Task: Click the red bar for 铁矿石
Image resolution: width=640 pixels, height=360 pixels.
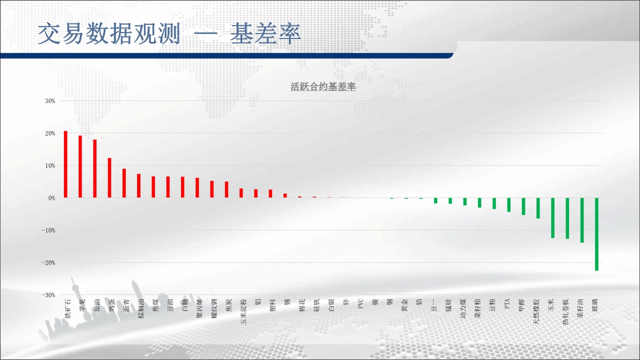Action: [x=65, y=164]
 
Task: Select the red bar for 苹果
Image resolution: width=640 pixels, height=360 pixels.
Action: [x=80, y=166]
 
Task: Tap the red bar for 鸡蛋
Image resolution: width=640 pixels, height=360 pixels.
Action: [x=109, y=177]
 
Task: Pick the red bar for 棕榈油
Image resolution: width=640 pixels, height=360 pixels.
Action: [x=138, y=185]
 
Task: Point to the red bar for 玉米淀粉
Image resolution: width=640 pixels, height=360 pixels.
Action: [x=241, y=193]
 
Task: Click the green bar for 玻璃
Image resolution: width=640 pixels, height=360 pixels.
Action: [x=596, y=234]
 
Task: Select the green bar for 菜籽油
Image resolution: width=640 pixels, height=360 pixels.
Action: [x=582, y=220]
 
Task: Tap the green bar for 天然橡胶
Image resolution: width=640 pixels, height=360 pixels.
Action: [x=538, y=208]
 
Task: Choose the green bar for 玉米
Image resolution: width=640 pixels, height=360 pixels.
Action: [x=552, y=218]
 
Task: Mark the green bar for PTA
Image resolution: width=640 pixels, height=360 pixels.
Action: [x=509, y=205]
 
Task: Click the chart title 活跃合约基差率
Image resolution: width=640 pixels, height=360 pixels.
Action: [x=323, y=86]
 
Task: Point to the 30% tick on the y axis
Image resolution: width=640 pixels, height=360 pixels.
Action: [x=50, y=101]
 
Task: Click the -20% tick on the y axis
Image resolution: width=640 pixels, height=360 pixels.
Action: [x=48, y=262]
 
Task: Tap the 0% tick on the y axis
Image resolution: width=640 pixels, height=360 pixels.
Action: [x=51, y=198]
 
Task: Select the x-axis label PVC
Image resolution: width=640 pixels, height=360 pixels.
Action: [x=360, y=303]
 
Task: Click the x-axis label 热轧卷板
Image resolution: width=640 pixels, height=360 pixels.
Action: [x=565, y=311]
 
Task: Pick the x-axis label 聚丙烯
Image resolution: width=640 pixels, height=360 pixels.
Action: [x=199, y=308]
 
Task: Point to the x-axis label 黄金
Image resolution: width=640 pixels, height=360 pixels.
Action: [x=404, y=305]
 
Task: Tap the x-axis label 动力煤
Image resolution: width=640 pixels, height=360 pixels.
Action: [x=463, y=308]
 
